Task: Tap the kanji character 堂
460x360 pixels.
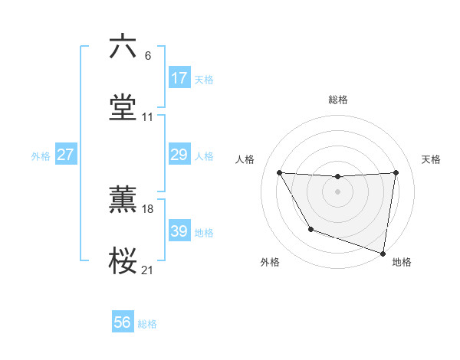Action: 123,107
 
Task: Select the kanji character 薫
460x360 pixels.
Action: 123,198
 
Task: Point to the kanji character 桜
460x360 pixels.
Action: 123,261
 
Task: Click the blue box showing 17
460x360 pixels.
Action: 179,77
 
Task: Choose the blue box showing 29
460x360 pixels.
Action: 179,155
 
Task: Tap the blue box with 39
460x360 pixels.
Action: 179,231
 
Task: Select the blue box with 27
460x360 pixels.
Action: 66,155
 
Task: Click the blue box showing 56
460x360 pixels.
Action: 123,322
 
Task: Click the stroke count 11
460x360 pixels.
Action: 148,117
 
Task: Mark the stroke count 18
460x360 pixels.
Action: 148,208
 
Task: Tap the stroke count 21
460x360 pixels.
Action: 148,270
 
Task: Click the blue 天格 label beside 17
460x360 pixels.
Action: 204,79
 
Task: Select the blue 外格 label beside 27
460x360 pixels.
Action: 41,156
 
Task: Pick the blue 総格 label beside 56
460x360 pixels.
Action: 147,324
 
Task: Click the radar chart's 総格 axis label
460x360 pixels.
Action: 338,100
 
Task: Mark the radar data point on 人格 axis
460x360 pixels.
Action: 279,172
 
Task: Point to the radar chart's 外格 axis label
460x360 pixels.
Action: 270,263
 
